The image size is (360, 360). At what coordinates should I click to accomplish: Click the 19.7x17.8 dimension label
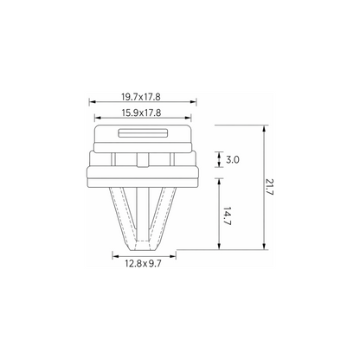point(141,97)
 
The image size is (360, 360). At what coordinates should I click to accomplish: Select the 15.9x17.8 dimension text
point(141,112)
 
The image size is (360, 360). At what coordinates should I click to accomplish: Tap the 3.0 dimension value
point(233,159)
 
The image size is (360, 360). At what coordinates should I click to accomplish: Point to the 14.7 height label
point(228,216)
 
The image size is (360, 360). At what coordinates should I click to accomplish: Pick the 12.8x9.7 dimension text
point(143,263)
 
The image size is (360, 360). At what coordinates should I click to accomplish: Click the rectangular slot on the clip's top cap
point(143,133)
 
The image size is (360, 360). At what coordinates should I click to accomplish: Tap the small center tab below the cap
point(143,160)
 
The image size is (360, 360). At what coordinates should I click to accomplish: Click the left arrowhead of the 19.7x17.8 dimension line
point(92,101)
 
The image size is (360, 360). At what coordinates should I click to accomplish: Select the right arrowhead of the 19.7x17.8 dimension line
point(193,101)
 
